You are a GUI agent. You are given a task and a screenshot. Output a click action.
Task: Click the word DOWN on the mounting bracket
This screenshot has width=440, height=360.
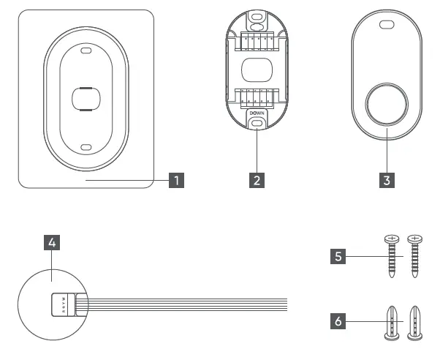point(257,113)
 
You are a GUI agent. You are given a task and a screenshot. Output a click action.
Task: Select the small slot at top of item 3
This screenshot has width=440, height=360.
point(387,24)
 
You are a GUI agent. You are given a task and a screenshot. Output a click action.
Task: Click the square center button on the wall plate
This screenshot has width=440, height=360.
point(86,98)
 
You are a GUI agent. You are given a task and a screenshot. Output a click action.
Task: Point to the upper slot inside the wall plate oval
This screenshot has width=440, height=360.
point(86,51)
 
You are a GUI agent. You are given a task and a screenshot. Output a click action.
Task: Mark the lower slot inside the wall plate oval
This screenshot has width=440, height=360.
point(86,146)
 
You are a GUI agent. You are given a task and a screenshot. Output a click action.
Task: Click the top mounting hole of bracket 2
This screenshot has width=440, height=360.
point(257,15)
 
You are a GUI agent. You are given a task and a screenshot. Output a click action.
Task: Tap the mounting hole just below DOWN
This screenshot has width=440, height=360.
point(257,126)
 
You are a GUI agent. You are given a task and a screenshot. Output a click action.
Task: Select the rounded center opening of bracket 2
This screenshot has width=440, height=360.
point(257,70)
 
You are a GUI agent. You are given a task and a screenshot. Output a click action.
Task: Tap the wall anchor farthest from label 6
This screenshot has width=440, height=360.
point(415,320)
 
